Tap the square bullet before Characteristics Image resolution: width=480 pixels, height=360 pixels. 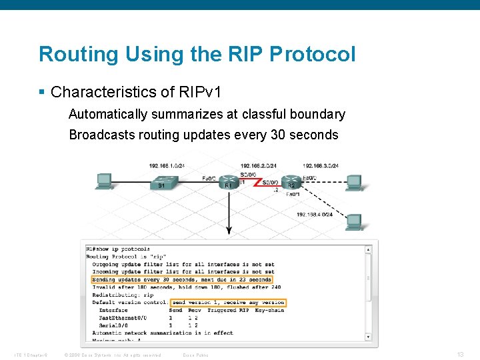[x=42, y=91]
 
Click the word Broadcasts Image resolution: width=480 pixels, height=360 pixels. [x=101, y=135]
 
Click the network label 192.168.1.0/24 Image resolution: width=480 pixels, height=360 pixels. [x=167, y=165]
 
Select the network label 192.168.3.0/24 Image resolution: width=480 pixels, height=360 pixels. [x=321, y=165]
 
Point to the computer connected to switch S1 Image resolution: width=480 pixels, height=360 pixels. [x=104, y=181]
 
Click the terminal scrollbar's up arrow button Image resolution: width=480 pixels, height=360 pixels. [x=368, y=249]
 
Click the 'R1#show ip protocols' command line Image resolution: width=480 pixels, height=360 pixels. [x=118, y=249]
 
